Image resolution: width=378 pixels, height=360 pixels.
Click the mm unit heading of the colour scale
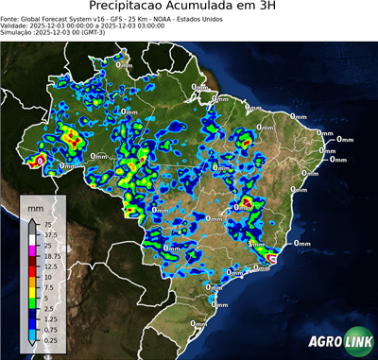pos(36,206)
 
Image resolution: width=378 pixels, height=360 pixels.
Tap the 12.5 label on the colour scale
pos(51,266)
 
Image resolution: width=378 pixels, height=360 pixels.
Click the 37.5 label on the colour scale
pos(50,235)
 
